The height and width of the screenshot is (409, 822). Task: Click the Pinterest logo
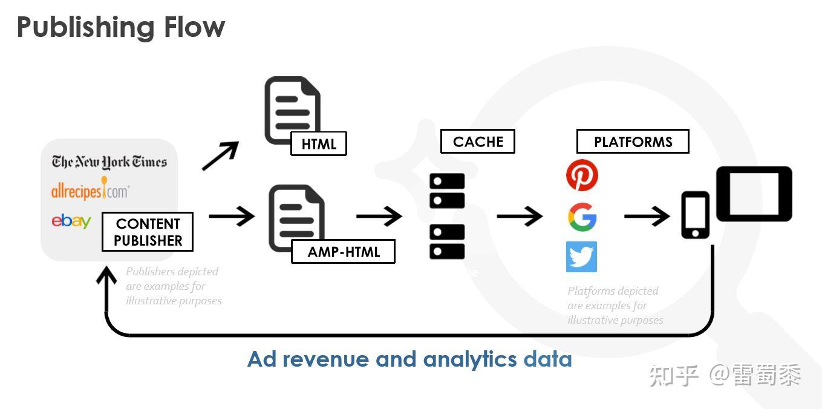click(x=582, y=175)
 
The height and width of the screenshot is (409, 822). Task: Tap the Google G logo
click(x=582, y=217)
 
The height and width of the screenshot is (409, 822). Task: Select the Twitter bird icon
click(x=581, y=257)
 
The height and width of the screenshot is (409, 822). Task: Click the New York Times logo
click(x=109, y=162)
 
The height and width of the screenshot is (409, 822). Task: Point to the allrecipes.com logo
click(x=90, y=190)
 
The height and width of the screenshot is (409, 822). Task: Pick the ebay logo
click(x=71, y=221)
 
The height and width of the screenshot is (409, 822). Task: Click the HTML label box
click(x=318, y=143)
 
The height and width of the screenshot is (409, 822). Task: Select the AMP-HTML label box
click(x=343, y=252)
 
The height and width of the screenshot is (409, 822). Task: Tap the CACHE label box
click(x=477, y=142)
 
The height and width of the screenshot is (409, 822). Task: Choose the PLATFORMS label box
click(x=633, y=142)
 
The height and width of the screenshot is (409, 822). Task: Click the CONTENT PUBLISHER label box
click(x=148, y=232)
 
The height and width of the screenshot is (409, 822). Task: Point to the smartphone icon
click(x=695, y=215)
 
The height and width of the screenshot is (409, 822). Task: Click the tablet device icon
click(x=754, y=194)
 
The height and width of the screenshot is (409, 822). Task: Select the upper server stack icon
click(x=447, y=191)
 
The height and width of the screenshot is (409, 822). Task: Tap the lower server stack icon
click(x=447, y=241)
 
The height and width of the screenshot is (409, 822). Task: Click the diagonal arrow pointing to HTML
click(x=220, y=155)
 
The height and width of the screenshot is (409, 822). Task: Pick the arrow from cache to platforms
click(x=520, y=216)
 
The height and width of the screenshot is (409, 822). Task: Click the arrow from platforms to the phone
click(x=647, y=216)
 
